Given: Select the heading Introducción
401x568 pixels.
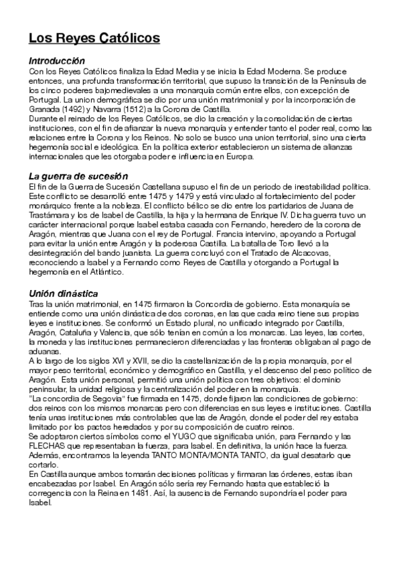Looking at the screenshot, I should tap(57, 60).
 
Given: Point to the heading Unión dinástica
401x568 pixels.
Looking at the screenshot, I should tap(64, 293).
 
